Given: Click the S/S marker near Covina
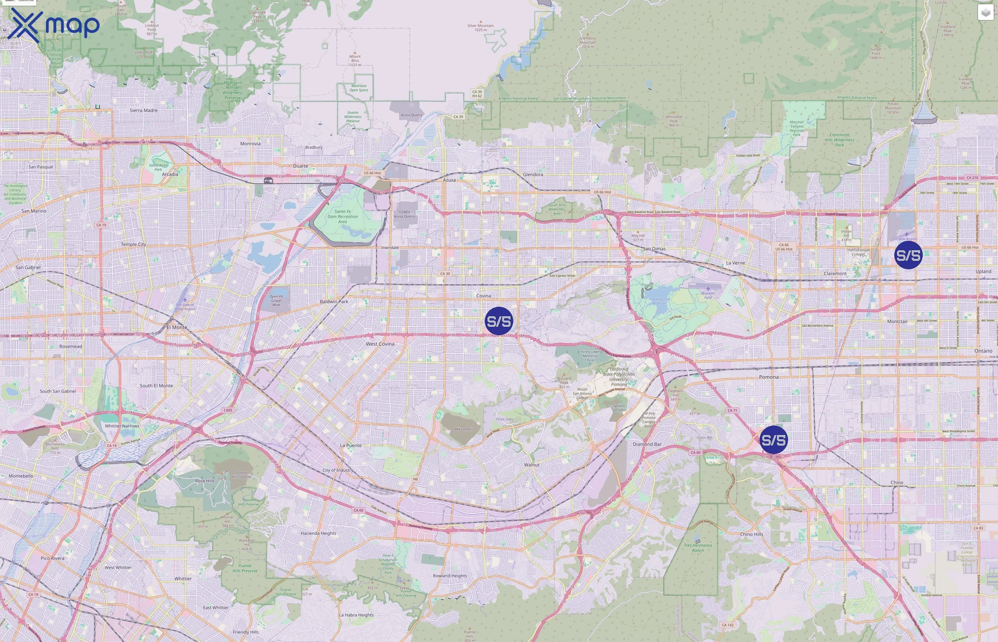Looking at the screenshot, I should click(499, 321).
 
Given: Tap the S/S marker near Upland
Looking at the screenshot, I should click(909, 255).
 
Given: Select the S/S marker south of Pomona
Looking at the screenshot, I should click(774, 440).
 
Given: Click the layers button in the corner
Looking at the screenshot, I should click(986, 12).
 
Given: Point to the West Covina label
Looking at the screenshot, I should click(380, 344).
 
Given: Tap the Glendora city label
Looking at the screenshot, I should click(533, 174).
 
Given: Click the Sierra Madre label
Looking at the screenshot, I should click(144, 111).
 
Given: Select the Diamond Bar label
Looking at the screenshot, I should click(647, 444).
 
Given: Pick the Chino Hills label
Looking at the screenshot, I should click(751, 534).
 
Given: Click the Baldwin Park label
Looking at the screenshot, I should click(334, 301).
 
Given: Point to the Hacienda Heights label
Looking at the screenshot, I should click(318, 533).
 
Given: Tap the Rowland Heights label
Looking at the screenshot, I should click(450, 576).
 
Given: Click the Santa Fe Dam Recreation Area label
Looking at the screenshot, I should click(343, 216).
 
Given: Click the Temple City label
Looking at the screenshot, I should click(133, 244).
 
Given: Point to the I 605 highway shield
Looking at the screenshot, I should click(228, 410).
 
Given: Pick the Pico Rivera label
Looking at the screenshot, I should click(52, 558).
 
